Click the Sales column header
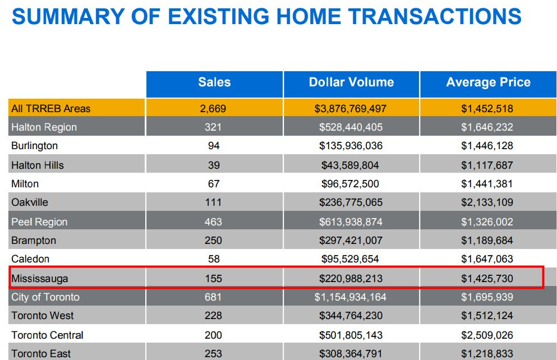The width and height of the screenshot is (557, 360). click(214, 82)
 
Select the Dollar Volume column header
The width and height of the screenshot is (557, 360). click(351, 82)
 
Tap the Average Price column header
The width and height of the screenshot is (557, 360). click(488, 82)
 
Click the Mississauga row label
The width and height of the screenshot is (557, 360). click(40, 278)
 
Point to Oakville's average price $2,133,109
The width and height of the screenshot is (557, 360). click(487, 202)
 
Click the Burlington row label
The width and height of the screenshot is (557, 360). click(34, 146)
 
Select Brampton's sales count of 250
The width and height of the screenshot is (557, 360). click(213, 241)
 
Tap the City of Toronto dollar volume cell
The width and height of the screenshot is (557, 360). click(351, 297)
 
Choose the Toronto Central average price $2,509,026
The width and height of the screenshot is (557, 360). click(487, 335)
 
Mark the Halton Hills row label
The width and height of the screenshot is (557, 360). click(38, 165)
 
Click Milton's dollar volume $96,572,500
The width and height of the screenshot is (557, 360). click(350, 184)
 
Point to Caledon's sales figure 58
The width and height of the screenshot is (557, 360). click(213, 259)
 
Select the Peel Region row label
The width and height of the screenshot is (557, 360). click(39, 221)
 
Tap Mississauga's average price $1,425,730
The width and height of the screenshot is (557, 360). click(487, 278)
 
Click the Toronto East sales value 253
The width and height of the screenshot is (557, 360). click(213, 354)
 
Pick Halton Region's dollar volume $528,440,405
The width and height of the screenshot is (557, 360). click(351, 127)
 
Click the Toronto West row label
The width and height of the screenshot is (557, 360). click(43, 316)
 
